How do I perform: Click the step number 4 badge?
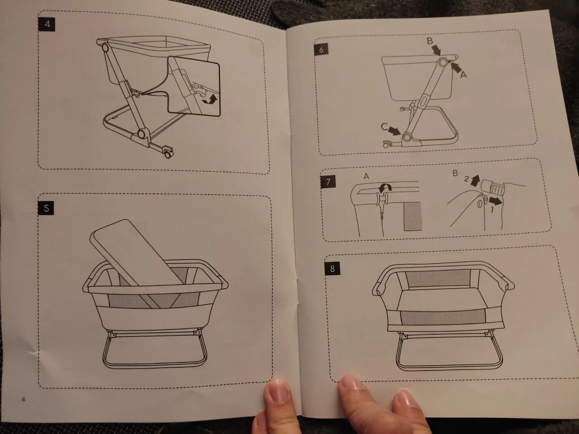point(47,24)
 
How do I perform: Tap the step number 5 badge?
point(46,208)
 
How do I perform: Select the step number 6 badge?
point(321,50)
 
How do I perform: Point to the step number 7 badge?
point(328,182)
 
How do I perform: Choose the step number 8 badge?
point(332,269)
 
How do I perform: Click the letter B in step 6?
point(430,41)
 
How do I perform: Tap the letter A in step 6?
point(464,75)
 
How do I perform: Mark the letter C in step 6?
point(384,127)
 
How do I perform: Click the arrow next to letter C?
point(394,131)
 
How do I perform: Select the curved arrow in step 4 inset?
point(210,101)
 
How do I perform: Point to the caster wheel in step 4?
point(168,153)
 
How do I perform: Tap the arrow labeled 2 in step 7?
point(475,181)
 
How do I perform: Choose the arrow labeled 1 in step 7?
point(495,201)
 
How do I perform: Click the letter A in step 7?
point(366,176)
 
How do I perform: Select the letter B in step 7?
point(455,174)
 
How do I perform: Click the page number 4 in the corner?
point(23,399)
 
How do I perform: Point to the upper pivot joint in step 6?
point(443,62)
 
